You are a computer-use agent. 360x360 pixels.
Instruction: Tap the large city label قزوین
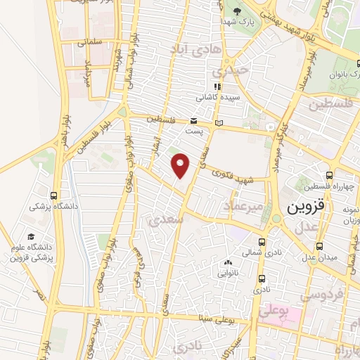point(307,207)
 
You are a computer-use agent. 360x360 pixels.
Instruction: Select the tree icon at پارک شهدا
point(237,11)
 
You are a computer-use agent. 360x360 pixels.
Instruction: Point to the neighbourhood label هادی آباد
point(196,48)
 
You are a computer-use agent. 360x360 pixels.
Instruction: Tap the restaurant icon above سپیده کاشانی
point(217,86)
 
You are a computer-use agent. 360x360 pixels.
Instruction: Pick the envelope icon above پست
point(193,121)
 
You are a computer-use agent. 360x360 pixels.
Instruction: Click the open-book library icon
point(219,123)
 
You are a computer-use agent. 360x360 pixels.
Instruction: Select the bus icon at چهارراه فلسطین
point(329,175)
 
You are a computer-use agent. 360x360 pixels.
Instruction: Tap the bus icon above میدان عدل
point(321,246)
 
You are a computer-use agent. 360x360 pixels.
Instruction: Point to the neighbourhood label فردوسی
point(314,295)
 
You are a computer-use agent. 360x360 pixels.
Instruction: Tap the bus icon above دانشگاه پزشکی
point(54,196)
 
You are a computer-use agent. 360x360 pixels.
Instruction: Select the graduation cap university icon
point(30,236)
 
